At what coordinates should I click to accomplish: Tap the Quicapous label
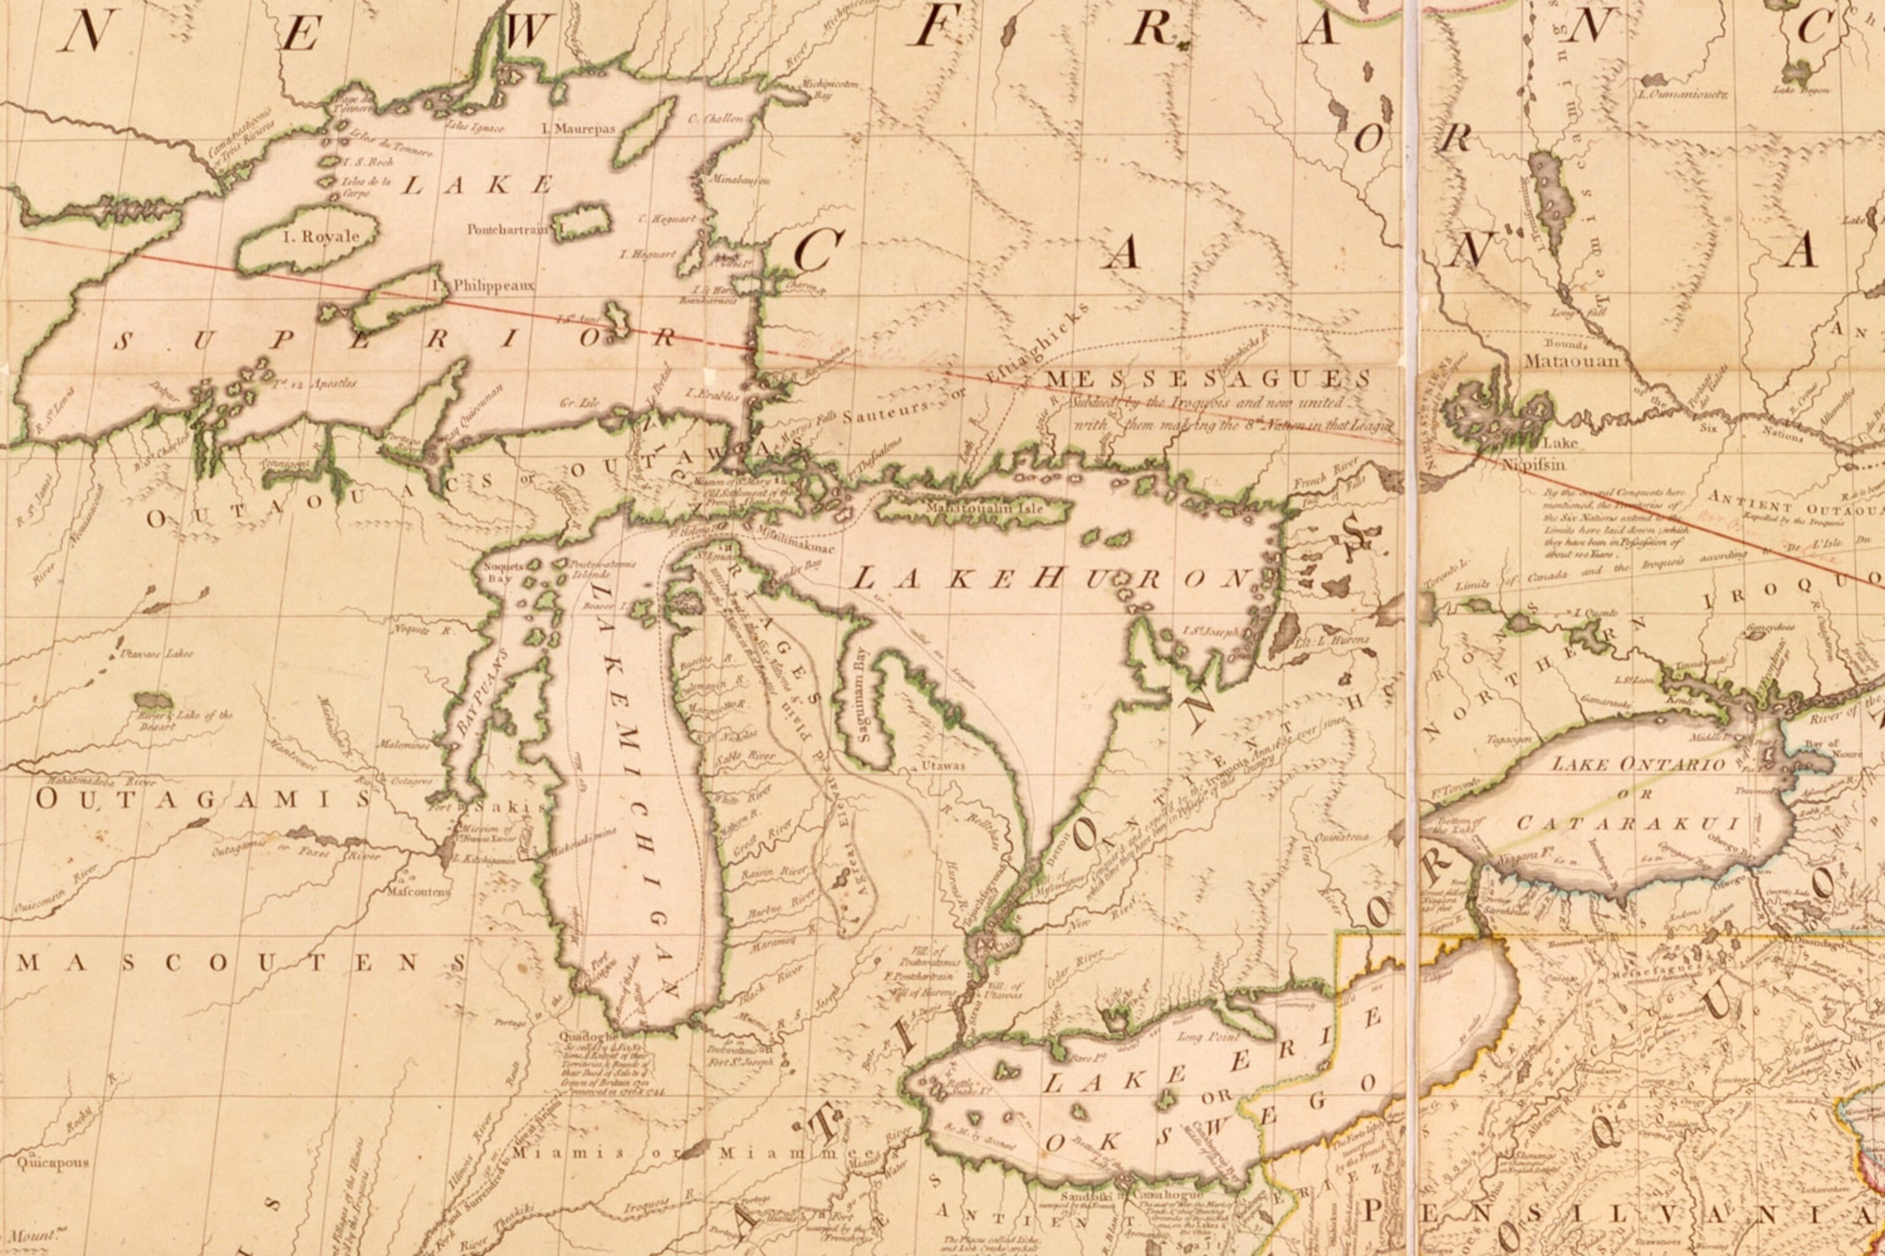53,1162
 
